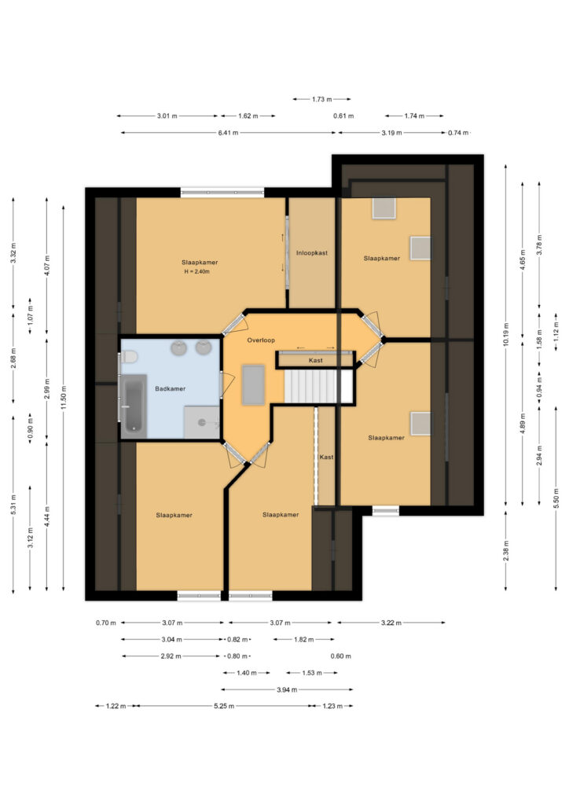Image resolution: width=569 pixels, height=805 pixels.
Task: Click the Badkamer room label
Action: [170, 388]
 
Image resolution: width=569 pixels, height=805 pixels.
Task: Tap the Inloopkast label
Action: [311, 253]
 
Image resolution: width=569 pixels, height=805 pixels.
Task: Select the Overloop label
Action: [261, 340]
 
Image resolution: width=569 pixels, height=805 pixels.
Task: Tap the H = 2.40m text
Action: [197, 271]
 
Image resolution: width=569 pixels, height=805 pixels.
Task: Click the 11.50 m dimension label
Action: [63, 398]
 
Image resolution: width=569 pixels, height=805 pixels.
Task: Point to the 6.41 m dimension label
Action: [228, 132]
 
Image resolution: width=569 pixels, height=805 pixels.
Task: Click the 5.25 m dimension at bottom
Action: [224, 706]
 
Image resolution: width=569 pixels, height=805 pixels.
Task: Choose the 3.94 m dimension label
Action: [287, 689]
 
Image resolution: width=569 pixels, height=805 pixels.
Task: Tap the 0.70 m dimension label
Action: [105, 623]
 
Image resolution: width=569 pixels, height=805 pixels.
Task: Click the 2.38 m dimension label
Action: [506, 550]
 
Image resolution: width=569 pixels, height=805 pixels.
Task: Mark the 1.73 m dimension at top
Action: [321, 99]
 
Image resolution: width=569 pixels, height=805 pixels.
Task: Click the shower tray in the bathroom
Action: [202, 422]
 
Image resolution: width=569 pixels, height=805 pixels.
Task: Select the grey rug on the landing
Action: [254, 384]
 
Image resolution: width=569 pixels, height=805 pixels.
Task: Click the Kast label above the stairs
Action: [315, 360]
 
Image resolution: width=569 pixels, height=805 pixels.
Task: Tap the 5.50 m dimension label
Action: [556, 498]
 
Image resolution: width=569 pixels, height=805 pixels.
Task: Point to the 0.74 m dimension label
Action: [458, 132]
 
